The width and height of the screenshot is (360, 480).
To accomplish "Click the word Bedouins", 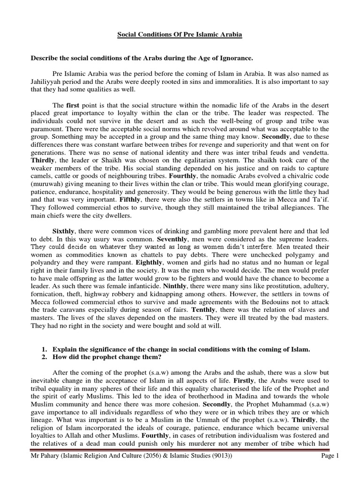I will (x=271, y=302).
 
